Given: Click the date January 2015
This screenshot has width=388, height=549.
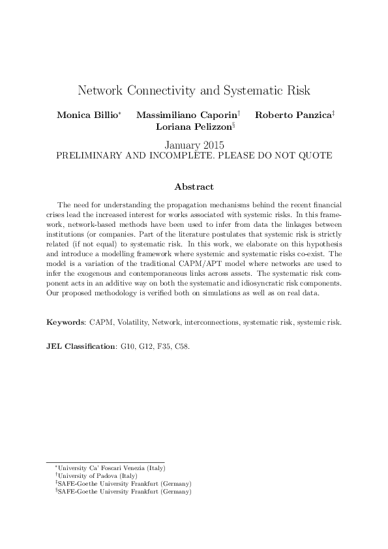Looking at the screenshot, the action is point(194,145).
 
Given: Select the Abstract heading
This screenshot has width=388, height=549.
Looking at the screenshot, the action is point(194,187).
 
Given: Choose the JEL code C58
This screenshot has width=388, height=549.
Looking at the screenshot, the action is point(181,346).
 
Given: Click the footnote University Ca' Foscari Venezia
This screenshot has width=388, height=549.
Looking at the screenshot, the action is point(111,468).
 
